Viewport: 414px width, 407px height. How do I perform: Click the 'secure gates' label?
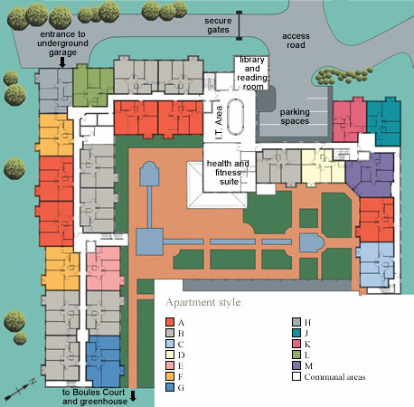click(x=218, y=25)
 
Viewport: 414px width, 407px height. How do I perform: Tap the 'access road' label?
click(x=296, y=41)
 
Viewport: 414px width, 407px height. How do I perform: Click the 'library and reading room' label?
click(x=252, y=73)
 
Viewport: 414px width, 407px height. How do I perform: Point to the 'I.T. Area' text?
click(x=219, y=122)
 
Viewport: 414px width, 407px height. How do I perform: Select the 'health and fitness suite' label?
click(x=228, y=173)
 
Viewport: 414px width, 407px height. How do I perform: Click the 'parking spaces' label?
click(x=295, y=117)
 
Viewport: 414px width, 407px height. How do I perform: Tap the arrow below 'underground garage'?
click(x=62, y=62)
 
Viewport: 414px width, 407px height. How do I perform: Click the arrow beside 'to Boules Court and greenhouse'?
click(x=133, y=395)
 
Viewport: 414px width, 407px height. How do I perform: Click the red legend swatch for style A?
click(x=170, y=322)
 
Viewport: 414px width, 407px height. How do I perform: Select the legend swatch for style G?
click(x=170, y=387)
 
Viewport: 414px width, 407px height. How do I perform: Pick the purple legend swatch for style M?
click(x=296, y=365)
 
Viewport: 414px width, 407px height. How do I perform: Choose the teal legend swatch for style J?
click(x=296, y=333)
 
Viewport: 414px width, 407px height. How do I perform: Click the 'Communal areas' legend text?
click(x=334, y=377)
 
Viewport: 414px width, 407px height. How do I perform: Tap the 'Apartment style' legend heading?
click(x=203, y=302)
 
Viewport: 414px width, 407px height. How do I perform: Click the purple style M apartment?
click(x=371, y=175)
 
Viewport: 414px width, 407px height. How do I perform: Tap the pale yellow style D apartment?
click(x=323, y=166)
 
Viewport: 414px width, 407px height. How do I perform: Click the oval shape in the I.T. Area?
click(x=236, y=117)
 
